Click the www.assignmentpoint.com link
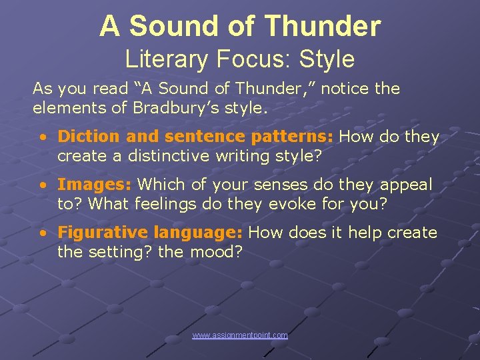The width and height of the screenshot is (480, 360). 240,335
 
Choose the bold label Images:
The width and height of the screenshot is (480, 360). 95,185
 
